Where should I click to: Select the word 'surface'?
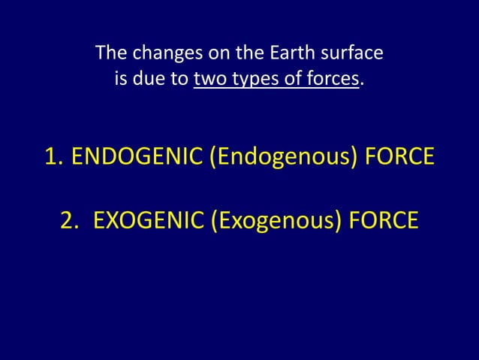(354, 54)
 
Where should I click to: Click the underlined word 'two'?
(207, 78)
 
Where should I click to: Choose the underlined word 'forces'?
(331, 78)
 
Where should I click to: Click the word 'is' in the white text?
(120, 78)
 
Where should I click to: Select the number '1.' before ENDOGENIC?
(54, 159)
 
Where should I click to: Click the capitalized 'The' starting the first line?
(110, 54)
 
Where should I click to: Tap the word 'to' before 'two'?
(179, 78)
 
